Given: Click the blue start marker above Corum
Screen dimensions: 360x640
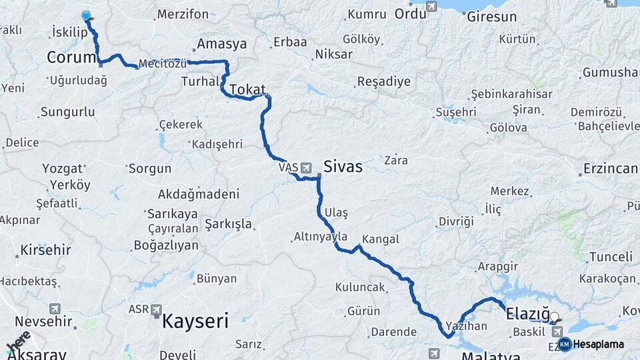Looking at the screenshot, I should [x=85, y=15].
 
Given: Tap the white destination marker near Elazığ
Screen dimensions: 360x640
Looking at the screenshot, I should [x=554, y=317].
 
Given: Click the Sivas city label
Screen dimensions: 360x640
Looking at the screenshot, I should [x=343, y=167].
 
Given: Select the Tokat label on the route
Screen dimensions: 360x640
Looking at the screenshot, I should [x=247, y=89].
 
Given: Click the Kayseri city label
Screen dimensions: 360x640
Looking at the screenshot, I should [x=196, y=321].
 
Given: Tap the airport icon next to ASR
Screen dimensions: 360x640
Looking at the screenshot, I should [x=157, y=310].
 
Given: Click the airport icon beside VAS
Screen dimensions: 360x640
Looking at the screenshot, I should [x=306, y=167].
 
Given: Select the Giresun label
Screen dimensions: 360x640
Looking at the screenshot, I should [x=491, y=17].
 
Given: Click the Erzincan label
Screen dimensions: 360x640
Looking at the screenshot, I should [x=610, y=168].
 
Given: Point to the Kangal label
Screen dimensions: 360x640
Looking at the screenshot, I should [x=380, y=239].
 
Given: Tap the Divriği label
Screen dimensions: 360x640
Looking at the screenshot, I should [x=455, y=221].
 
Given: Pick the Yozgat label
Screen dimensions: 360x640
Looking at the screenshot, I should [x=63, y=168].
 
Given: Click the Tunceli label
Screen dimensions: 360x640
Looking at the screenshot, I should [x=610, y=257].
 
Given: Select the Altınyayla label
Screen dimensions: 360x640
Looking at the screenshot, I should [x=321, y=237].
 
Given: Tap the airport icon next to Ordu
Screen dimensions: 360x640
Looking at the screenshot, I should [x=431, y=7].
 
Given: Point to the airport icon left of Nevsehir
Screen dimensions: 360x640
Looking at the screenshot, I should [x=55, y=309].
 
